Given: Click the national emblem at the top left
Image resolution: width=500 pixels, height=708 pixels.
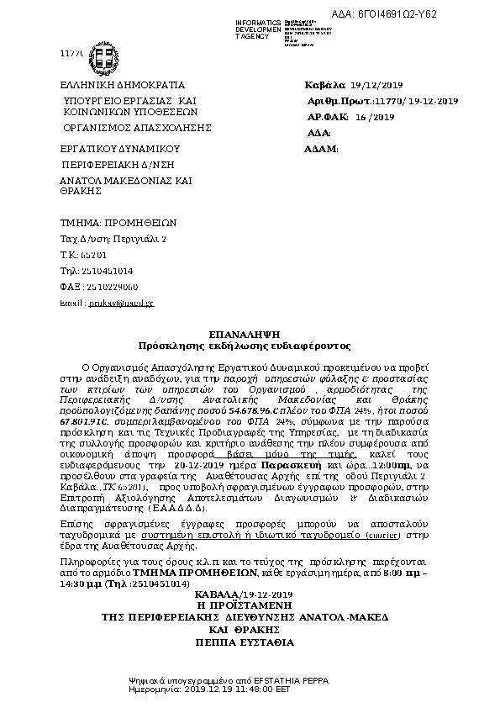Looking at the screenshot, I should tap(105, 60).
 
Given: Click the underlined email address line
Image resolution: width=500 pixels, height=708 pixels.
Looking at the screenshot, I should tap(107, 303).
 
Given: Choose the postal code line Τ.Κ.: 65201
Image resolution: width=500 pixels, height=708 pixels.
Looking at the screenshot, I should tap(83, 255).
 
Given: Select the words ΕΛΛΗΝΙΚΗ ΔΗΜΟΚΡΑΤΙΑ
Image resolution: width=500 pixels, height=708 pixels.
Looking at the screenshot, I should tap(122, 86).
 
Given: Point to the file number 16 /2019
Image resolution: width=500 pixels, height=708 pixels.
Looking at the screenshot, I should tap(375, 118).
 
